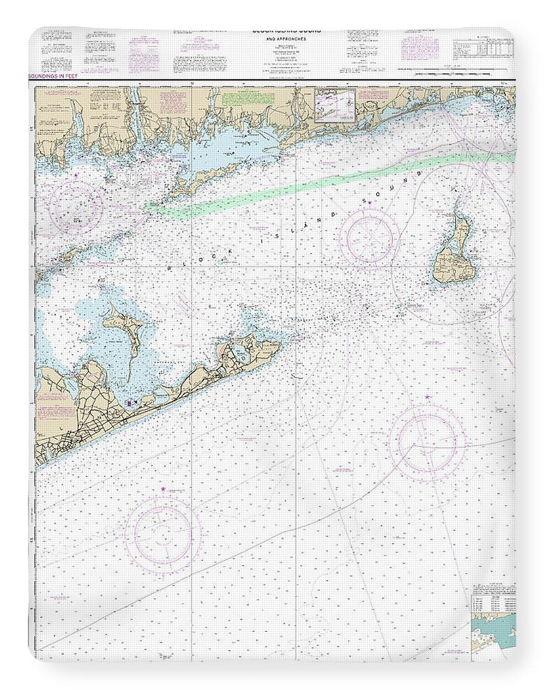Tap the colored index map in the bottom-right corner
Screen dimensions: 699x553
pos(493,633)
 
